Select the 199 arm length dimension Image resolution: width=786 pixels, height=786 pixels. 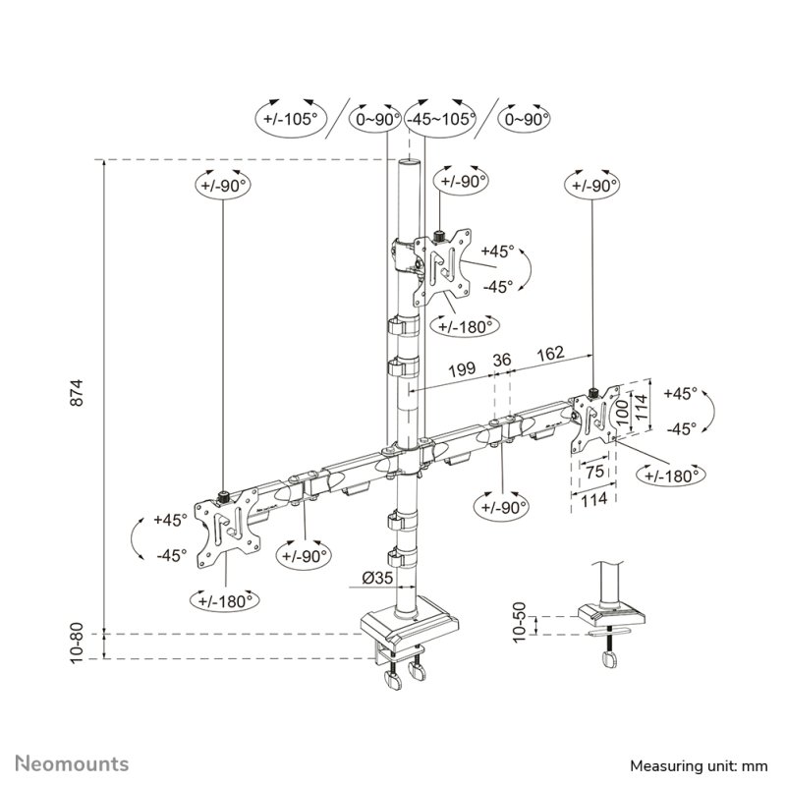(x=463, y=371)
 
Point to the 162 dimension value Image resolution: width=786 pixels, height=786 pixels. (x=550, y=353)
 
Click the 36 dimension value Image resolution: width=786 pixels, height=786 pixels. (x=501, y=361)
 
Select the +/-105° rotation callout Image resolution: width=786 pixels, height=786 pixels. (x=292, y=119)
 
